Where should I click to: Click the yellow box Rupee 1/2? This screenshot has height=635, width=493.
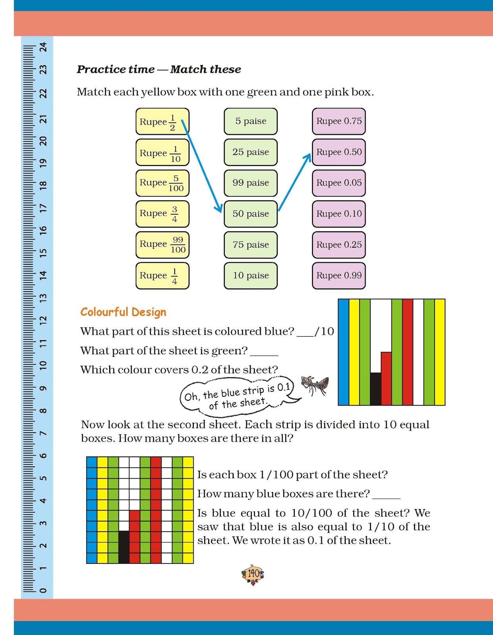pos(162,121)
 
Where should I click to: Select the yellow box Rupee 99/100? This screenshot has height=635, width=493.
pos(162,244)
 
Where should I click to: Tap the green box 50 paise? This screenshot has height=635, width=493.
pos(250,214)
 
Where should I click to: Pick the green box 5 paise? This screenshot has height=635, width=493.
pos(250,121)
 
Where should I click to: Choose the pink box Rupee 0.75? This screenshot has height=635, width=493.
pos(339,121)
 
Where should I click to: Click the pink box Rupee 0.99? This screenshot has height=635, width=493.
pos(339,275)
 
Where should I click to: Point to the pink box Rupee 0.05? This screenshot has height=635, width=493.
pos(339,183)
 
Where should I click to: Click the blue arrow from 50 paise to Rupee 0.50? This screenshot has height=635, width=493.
pos(295,183)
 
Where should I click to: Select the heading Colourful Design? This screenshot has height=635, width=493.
pos(123,312)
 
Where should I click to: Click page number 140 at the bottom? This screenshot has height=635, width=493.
pos(253,574)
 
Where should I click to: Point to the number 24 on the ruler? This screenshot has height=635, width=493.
pos(43,47)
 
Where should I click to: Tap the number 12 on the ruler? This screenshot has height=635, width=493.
pos(43,319)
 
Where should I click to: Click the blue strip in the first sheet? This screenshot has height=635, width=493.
pos(343,352)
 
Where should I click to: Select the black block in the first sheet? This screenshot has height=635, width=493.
pos(376,389)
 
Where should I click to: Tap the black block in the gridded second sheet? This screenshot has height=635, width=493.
pos(124,547)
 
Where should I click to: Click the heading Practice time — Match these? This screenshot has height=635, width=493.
pos(159,69)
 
